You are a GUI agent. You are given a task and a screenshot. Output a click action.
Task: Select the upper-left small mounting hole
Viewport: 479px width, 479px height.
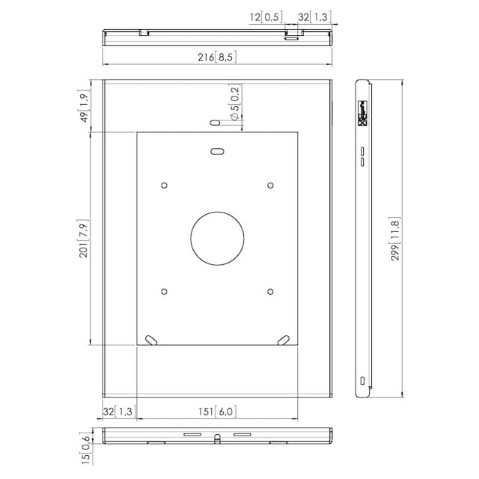click(165, 186)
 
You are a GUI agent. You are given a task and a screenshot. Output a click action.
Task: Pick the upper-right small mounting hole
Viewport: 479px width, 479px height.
click(270, 186)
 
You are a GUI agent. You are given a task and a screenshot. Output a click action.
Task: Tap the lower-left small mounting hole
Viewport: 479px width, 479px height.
click(165, 291)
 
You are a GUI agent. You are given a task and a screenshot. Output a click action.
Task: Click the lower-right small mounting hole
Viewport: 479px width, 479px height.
click(270, 291)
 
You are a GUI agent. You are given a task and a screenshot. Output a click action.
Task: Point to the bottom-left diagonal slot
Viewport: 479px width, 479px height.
click(151, 340)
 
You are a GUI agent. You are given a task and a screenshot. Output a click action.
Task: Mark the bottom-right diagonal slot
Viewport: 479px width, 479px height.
click(284, 340)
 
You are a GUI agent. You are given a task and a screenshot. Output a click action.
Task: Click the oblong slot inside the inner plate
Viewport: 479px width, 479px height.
click(218, 151)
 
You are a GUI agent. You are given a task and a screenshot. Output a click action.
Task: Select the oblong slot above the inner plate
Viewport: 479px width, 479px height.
click(215, 123)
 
